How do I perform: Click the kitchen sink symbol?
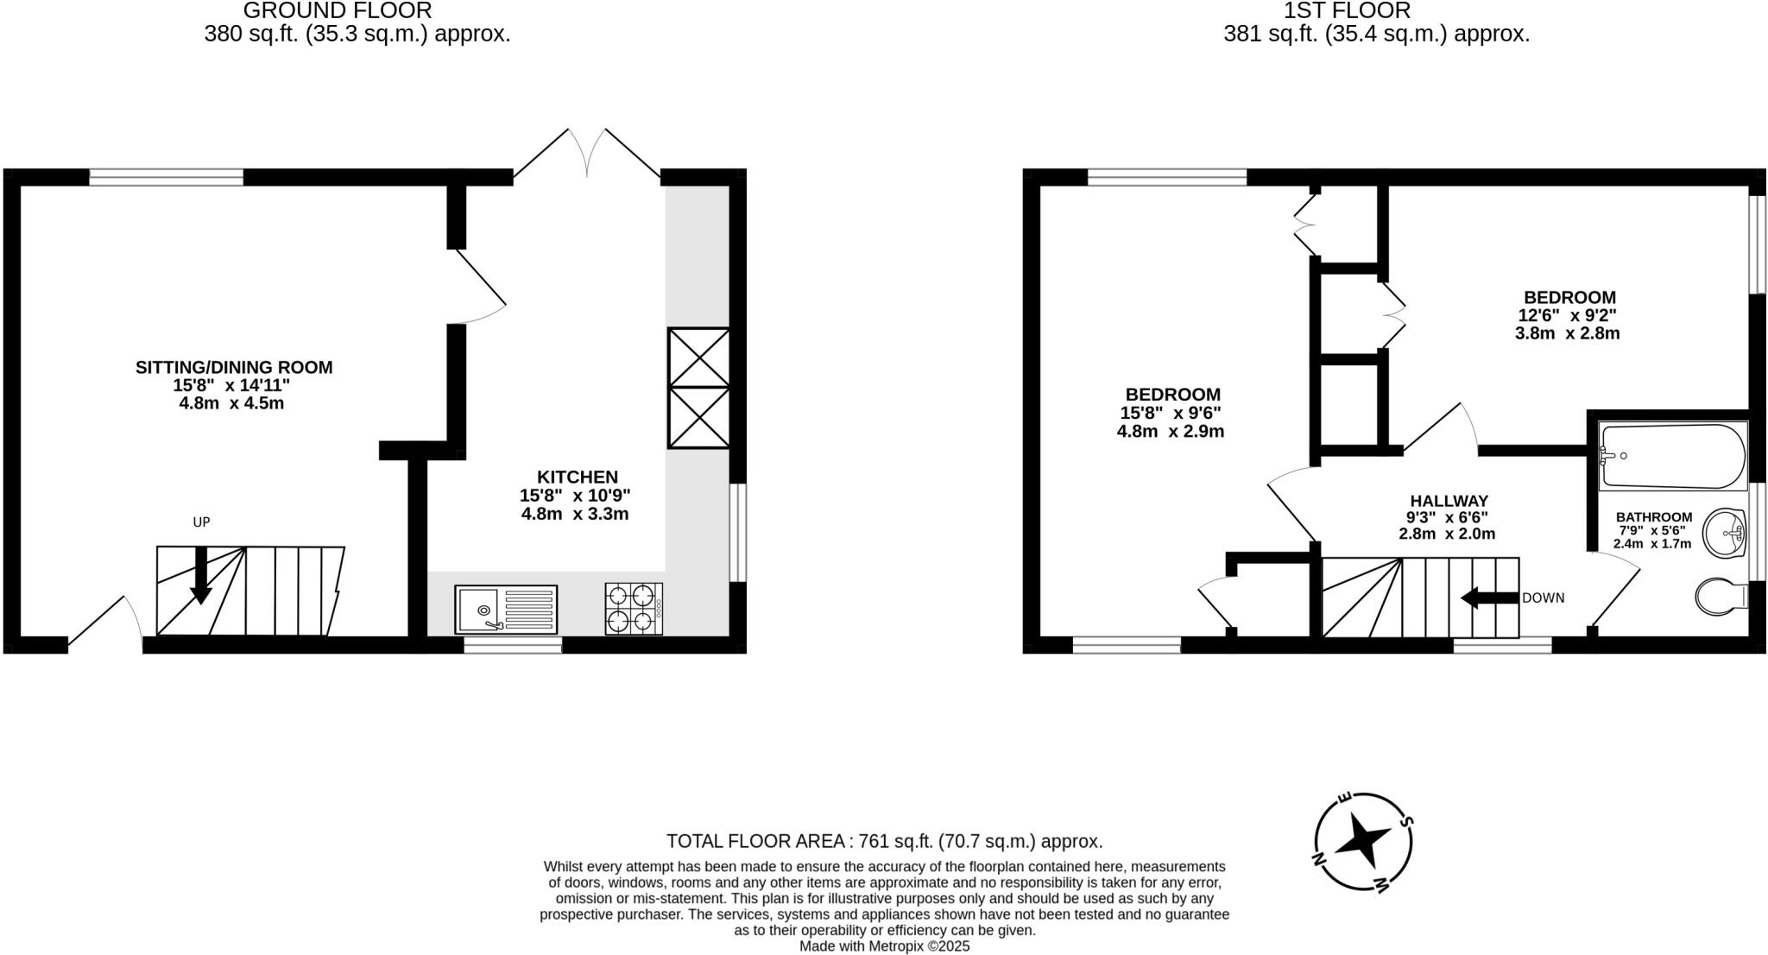click(x=506, y=610)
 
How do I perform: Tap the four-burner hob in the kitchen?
click(x=634, y=609)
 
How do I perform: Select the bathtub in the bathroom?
click(x=1672, y=455)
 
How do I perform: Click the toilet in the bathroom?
click(x=1721, y=597)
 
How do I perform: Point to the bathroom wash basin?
click(x=1725, y=533)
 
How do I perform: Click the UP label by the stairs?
click(x=201, y=522)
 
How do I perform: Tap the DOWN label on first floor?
click(x=1543, y=598)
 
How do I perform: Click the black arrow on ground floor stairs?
click(x=200, y=575)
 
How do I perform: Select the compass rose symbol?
click(x=1363, y=841)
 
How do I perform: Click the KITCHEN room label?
click(x=578, y=477)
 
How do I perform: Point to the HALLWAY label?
click(x=1449, y=501)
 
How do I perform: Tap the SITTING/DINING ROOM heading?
click(x=234, y=367)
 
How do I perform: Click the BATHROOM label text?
click(x=1654, y=517)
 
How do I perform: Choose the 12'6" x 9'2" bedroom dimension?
click(x=1567, y=316)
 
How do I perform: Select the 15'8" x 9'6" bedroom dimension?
click(x=1170, y=414)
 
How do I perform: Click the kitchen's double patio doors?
click(x=587, y=155)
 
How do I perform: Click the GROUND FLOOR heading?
click(x=338, y=11)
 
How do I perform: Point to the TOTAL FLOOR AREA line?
click(x=884, y=841)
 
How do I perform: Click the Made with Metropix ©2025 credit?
click(x=884, y=946)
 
